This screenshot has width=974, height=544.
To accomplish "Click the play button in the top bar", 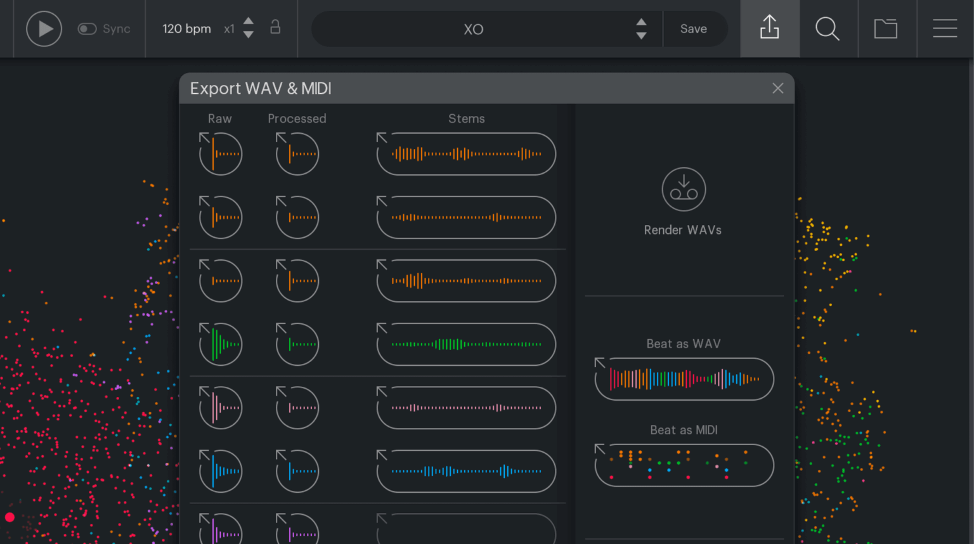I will click(x=44, y=29).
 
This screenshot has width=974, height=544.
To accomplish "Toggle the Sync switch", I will click(x=87, y=29).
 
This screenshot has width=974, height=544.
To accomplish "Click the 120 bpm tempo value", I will click(x=186, y=29).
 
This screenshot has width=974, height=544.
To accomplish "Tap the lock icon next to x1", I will click(x=275, y=27).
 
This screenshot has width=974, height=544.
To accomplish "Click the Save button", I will click(x=693, y=29).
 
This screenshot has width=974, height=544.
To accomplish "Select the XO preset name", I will click(x=473, y=29).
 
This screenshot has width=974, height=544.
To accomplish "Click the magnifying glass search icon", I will click(x=828, y=29).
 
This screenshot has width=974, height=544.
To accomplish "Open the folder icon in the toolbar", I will click(x=886, y=29).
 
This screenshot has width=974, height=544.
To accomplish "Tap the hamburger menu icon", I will click(x=945, y=29).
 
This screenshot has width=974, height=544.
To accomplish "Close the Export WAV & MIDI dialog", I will click(x=778, y=88).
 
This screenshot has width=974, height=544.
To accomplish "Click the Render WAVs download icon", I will click(x=684, y=189).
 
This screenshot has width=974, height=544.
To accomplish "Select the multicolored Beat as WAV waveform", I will click(x=684, y=379).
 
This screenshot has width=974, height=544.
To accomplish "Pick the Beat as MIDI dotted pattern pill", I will click(x=684, y=465).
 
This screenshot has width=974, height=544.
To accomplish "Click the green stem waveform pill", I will click(x=466, y=344).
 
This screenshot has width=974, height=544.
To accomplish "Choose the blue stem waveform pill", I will click(x=466, y=471).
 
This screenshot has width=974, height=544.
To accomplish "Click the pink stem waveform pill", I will click(x=466, y=408).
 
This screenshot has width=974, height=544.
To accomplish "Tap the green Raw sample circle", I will click(x=221, y=344).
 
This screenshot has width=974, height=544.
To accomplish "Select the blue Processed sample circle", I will click(x=297, y=471).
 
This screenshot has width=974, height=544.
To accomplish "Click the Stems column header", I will click(x=466, y=119).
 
